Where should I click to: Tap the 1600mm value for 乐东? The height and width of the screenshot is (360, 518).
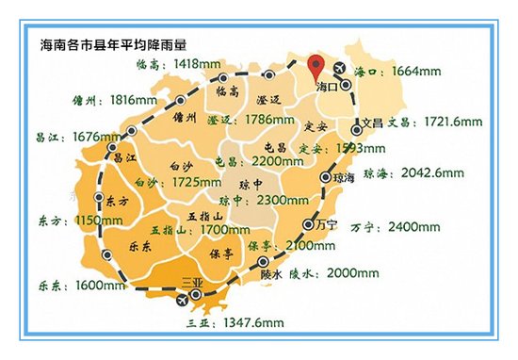pyautogui.click(x=87, y=283)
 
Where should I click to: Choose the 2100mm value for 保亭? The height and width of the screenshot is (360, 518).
pyautogui.click(x=302, y=245)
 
